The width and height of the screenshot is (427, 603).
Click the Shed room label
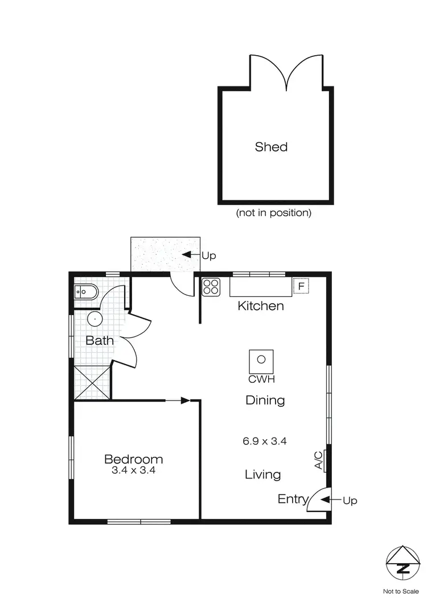(271, 147)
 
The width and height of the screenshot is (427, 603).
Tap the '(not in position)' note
(274, 213)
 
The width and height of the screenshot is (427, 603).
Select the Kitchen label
(260, 306)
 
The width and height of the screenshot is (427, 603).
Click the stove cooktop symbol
(211, 287)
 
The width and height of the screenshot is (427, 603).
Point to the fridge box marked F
(301, 286)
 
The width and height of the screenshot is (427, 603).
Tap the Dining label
(265, 400)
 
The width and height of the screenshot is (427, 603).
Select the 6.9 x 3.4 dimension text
(265, 440)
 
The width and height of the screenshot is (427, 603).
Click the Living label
(262, 474)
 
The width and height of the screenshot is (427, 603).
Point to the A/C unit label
(319, 460)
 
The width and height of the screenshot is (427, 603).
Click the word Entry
(293, 499)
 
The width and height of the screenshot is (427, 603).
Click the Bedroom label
(133, 459)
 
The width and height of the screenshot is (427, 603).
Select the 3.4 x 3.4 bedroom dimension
(133, 470)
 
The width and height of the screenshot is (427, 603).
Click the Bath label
(100, 341)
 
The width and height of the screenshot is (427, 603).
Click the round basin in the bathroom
(94, 319)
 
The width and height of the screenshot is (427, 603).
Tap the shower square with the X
(92, 383)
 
